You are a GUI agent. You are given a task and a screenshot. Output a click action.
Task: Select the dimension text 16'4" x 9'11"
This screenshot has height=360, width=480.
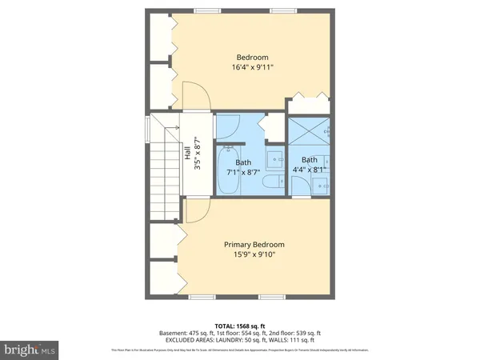(252, 68)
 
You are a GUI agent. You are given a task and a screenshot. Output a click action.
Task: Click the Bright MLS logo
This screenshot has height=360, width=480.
(29, 349)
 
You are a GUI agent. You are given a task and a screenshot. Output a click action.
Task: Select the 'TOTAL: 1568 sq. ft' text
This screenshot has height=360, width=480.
(239, 326)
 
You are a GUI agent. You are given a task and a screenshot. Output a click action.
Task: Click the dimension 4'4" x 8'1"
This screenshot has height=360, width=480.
(309, 170)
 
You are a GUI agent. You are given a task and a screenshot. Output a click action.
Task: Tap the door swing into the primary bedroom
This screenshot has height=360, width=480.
(196, 210)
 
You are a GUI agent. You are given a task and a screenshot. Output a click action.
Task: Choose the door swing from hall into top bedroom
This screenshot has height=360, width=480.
(197, 96)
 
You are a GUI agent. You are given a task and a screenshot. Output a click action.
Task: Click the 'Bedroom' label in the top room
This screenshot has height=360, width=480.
(252, 57)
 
